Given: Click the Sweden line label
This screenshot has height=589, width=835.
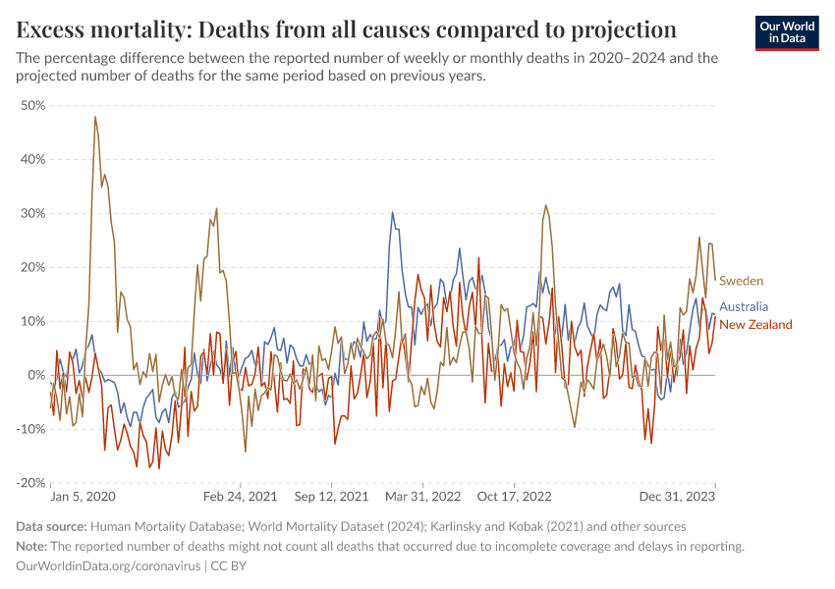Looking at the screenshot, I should tap(741, 282).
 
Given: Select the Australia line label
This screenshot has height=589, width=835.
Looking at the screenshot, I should tap(744, 307).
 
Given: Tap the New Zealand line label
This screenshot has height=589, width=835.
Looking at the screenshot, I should tap(755, 325).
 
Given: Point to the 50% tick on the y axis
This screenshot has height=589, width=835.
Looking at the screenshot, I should tap(33, 105).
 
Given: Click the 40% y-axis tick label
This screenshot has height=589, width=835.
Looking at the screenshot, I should tap(33, 159).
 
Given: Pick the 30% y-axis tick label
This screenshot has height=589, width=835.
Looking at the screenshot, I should tap(33, 213).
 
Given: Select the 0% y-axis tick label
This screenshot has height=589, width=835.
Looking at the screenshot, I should tap(37, 375).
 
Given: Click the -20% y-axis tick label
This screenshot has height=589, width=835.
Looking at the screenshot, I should tap(31, 483).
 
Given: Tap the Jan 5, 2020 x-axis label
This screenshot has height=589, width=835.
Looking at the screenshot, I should tap(83, 498).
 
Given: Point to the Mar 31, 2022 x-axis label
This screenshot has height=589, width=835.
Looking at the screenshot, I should tap(423, 498).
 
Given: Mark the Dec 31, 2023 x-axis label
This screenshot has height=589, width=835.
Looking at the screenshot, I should tap(680, 498).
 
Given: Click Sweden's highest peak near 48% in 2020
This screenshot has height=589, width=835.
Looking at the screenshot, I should tap(95, 117).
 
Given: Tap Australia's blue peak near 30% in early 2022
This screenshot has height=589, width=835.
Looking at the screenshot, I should tap(392, 213).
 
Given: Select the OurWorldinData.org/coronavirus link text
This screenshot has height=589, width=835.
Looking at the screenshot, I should tap(109, 566).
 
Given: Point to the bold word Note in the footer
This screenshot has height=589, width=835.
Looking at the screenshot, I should tap(31, 547).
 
